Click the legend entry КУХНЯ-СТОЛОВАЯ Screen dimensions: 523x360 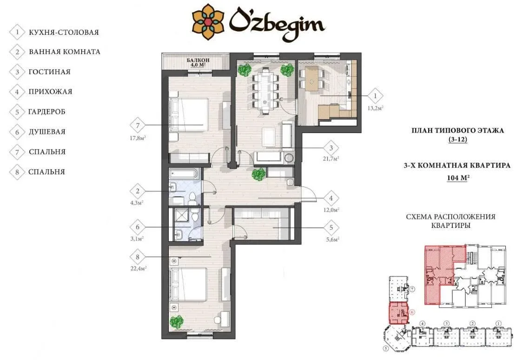[x=64, y=33]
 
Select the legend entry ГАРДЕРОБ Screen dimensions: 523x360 [x=46, y=112]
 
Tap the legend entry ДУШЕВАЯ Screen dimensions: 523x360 [x=47, y=132]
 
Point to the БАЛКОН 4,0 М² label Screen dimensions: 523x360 [x=198, y=62]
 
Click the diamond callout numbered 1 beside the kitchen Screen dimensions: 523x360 [x=375, y=96]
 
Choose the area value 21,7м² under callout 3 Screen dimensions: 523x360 [x=331, y=159]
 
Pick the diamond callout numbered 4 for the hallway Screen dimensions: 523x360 [x=331, y=198]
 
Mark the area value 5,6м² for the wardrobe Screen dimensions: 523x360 [x=332, y=239]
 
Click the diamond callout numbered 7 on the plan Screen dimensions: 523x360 [x=138, y=126]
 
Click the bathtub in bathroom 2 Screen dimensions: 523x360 [x=185, y=173]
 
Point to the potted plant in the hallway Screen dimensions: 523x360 [x=258, y=174]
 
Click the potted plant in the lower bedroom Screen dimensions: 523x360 [x=177, y=322]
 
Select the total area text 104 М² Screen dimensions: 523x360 [x=458, y=178]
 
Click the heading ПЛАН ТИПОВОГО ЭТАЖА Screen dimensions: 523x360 [x=457, y=130]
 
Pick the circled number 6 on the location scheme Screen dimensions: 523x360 [x=412, y=312]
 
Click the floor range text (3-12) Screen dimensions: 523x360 [x=457, y=140]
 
